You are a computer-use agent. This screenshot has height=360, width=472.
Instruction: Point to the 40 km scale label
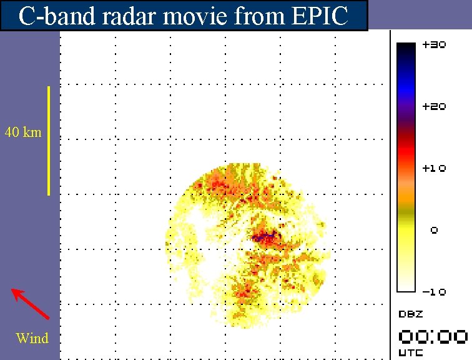(23, 132)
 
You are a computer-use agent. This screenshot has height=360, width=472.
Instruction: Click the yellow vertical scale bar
(49, 141)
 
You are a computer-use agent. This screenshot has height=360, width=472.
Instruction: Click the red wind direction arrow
(30, 303)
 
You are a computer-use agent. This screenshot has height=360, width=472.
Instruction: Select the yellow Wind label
(32, 338)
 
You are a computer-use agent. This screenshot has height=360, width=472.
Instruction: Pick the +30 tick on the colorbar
(434, 46)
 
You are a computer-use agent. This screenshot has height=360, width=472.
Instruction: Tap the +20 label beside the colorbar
(434, 107)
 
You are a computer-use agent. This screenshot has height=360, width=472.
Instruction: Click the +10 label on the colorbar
(434, 169)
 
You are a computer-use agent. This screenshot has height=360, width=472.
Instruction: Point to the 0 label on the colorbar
(435, 231)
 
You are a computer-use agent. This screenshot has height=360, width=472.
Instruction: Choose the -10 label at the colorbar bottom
(434, 292)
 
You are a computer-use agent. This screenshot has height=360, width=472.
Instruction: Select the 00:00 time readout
(433, 337)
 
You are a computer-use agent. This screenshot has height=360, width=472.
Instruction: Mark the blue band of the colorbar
(406, 87)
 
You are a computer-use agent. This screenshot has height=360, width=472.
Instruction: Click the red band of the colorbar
(406, 150)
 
